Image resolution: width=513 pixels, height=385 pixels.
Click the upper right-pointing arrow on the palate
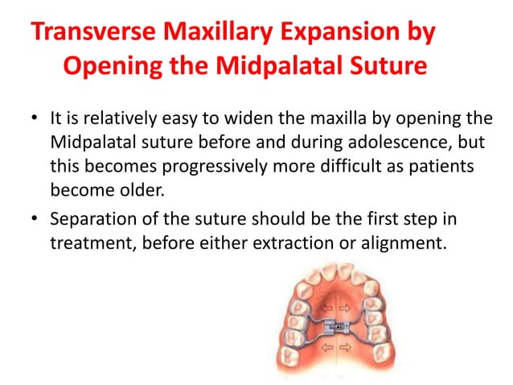click(x=343, y=308)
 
